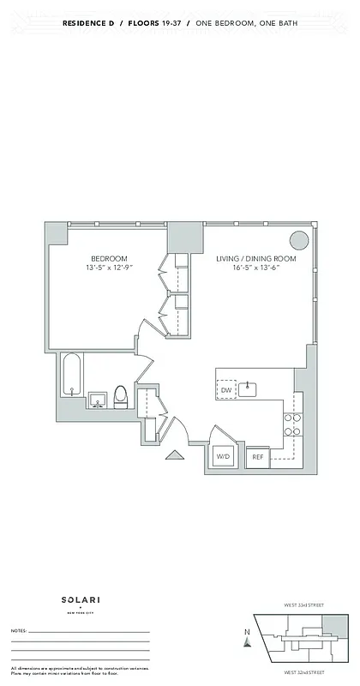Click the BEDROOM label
(110, 259)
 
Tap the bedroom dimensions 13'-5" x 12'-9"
(110, 268)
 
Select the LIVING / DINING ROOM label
(255, 259)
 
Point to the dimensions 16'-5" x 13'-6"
(255, 268)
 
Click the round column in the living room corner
(299, 241)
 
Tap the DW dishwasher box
(226, 390)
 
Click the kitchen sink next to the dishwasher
(249, 389)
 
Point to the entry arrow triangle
(174, 456)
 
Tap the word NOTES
(19, 630)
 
